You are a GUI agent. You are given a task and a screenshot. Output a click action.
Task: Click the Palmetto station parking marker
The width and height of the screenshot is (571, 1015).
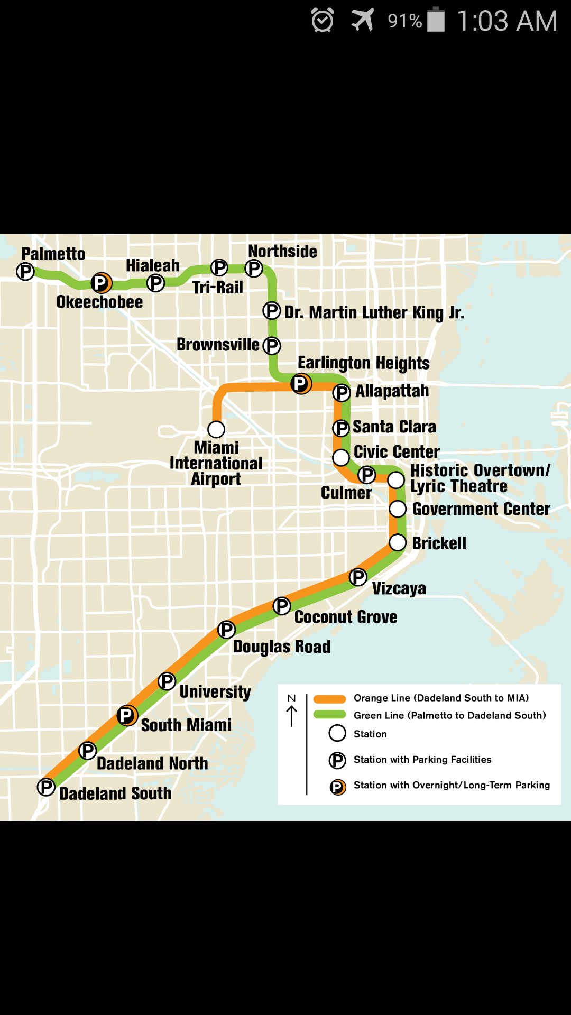tap(25, 272)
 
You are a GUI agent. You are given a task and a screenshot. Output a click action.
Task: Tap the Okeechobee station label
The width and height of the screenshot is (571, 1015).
tap(99, 302)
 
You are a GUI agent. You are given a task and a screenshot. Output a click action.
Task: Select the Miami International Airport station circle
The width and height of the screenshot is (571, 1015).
tap(216, 429)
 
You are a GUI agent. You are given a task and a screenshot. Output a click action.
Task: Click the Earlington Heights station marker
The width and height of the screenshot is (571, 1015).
tap(301, 384)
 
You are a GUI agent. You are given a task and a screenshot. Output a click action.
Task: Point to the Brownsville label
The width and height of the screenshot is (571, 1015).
tap(218, 345)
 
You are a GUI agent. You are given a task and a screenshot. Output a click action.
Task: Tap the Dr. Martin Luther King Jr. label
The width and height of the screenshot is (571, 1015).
tap(374, 312)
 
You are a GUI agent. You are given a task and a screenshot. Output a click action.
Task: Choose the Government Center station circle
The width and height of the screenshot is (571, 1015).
tap(398, 509)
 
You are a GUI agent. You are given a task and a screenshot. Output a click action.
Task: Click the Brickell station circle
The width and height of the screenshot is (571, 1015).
tap(398, 542)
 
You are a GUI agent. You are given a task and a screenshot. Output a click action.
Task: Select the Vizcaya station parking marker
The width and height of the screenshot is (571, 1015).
tap(358, 577)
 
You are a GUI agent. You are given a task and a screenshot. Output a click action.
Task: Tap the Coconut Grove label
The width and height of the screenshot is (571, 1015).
tap(346, 617)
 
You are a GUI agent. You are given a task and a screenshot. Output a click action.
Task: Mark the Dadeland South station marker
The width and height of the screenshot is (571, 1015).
tap(46, 787)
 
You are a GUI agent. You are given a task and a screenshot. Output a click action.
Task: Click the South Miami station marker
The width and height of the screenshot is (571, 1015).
tap(127, 716)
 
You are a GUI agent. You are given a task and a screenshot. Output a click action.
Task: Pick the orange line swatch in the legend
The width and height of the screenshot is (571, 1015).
tap(329, 699)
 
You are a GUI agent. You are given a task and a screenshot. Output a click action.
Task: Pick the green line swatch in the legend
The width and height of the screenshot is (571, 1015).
tap(329, 715)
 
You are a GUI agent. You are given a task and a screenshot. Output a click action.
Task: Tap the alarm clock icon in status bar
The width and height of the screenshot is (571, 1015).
tap(323, 20)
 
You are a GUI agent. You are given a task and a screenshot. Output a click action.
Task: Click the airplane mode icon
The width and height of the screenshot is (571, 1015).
tap(363, 20)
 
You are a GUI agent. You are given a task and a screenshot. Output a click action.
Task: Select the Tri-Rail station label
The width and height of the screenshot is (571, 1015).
tap(217, 288)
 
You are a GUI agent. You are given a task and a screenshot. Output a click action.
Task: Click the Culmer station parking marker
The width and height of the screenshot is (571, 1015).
tap(366, 475)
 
